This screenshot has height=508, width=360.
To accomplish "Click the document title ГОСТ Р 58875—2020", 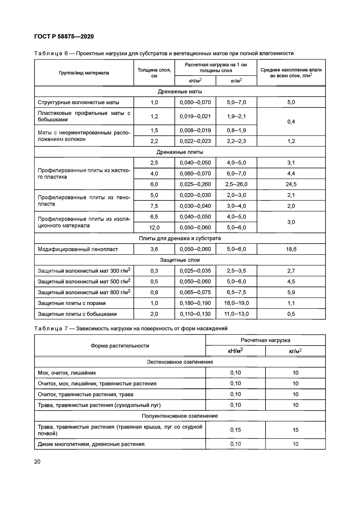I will [64, 37].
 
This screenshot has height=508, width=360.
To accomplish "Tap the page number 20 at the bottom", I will [37, 462].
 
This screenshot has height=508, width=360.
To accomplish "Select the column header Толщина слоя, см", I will [154, 73].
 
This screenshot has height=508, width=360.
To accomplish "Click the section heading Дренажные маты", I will [180, 92].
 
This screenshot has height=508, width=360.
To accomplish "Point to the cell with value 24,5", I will [291, 184].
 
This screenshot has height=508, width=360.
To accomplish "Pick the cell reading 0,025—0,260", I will [195, 184].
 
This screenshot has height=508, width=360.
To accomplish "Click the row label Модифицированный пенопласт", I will [78, 249].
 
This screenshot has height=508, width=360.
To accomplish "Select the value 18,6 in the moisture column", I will [291, 249].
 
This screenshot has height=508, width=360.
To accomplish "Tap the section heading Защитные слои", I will [180, 260].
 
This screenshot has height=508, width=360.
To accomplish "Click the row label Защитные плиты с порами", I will [72, 303].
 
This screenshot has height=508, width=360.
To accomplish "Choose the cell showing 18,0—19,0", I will [237, 303].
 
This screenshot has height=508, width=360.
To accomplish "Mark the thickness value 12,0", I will [154, 228].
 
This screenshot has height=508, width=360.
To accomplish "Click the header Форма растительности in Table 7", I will [120, 346].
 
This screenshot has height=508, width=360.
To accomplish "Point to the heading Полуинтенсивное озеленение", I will [180, 416].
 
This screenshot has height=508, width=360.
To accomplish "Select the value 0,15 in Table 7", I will [236, 430].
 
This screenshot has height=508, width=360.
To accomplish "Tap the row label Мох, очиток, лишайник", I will [67, 373].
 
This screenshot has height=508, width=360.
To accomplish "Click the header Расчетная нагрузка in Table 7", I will [265, 340].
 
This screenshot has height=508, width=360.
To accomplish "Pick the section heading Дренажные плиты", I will [180, 152].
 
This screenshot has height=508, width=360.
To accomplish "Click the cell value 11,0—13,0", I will [237, 314].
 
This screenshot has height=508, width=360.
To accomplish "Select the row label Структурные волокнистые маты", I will [78, 102].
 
